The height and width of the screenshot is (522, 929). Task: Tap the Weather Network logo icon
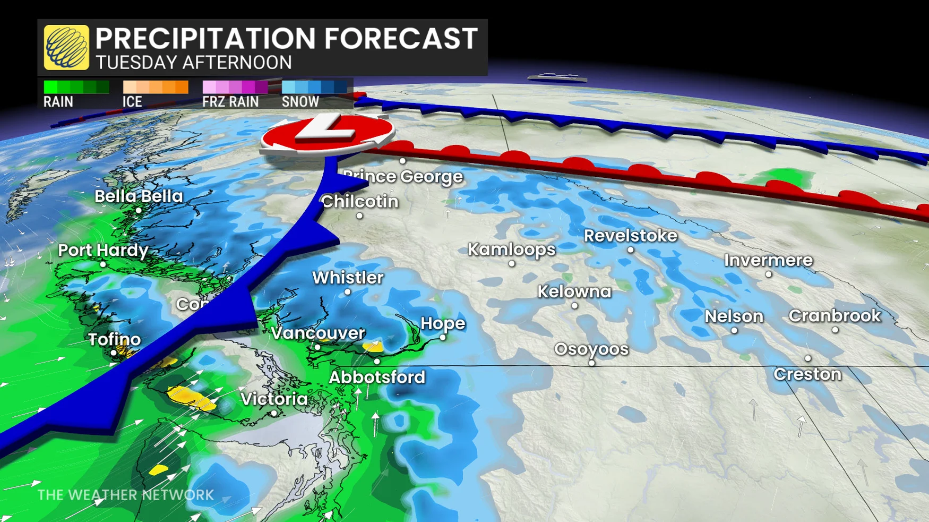[x=66, y=47]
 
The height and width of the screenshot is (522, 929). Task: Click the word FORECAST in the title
[x=401, y=38]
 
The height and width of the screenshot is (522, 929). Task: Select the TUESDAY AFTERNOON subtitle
[x=194, y=63]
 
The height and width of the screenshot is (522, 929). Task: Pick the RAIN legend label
[x=58, y=102]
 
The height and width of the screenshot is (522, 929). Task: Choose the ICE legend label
[x=132, y=102]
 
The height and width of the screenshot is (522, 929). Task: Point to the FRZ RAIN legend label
[x=230, y=102]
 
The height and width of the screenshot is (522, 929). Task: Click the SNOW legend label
[x=300, y=102]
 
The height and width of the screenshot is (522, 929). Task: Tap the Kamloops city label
[x=511, y=249]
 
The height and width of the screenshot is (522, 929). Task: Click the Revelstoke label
[x=630, y=235]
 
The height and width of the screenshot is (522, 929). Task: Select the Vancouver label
[x=318, y=333]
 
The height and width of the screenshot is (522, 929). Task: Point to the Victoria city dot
[x=274, y=413]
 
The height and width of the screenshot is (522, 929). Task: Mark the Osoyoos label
[x=591, y=349]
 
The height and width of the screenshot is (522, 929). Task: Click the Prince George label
[x=403, y=176]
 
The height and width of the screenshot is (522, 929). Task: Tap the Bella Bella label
[x=139, y=196]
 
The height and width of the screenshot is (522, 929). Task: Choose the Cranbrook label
[x=835, y=315]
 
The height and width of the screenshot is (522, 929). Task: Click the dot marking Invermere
[x=768, y=274]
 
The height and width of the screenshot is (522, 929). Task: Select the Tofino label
[x=114, y=339]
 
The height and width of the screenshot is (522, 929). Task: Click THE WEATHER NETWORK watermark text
[x=126, y=495]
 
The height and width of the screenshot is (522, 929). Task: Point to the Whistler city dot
[x=348, y=292]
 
